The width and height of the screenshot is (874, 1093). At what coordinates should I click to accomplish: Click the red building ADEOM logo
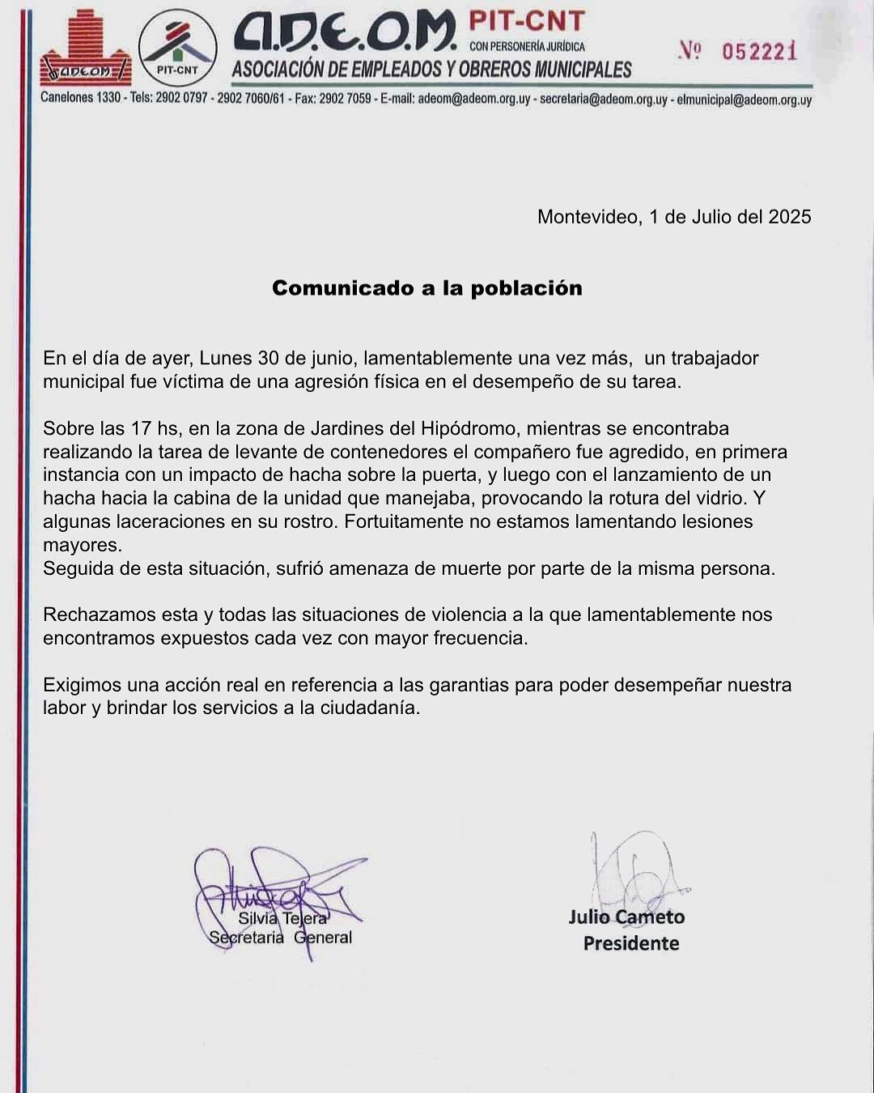point(85,49)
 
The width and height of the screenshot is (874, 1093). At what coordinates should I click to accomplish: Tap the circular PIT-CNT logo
point(177,49)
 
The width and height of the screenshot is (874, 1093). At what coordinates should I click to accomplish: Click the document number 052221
point(758,52)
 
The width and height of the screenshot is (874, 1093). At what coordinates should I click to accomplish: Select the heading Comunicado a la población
point(426,288)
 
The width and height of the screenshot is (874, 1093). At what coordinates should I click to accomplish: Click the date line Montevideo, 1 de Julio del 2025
point(674,217)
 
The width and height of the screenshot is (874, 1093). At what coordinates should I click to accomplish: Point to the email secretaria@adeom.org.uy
point(603,100)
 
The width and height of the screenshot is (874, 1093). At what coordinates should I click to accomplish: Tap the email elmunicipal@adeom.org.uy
point(744,100)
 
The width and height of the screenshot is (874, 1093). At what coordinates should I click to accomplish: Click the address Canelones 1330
point(81,99)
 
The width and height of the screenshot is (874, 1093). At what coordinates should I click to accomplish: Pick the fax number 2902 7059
point(346,99)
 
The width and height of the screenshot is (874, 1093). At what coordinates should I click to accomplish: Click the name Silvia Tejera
point(282,918)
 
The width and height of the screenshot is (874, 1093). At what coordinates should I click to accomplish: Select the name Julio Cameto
point(626,917)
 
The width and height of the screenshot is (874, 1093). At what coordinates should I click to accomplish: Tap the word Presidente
point(631,943)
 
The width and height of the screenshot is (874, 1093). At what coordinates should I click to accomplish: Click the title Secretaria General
point(280,938)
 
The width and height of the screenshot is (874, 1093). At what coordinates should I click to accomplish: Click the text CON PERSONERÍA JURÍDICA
point(527,47)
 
